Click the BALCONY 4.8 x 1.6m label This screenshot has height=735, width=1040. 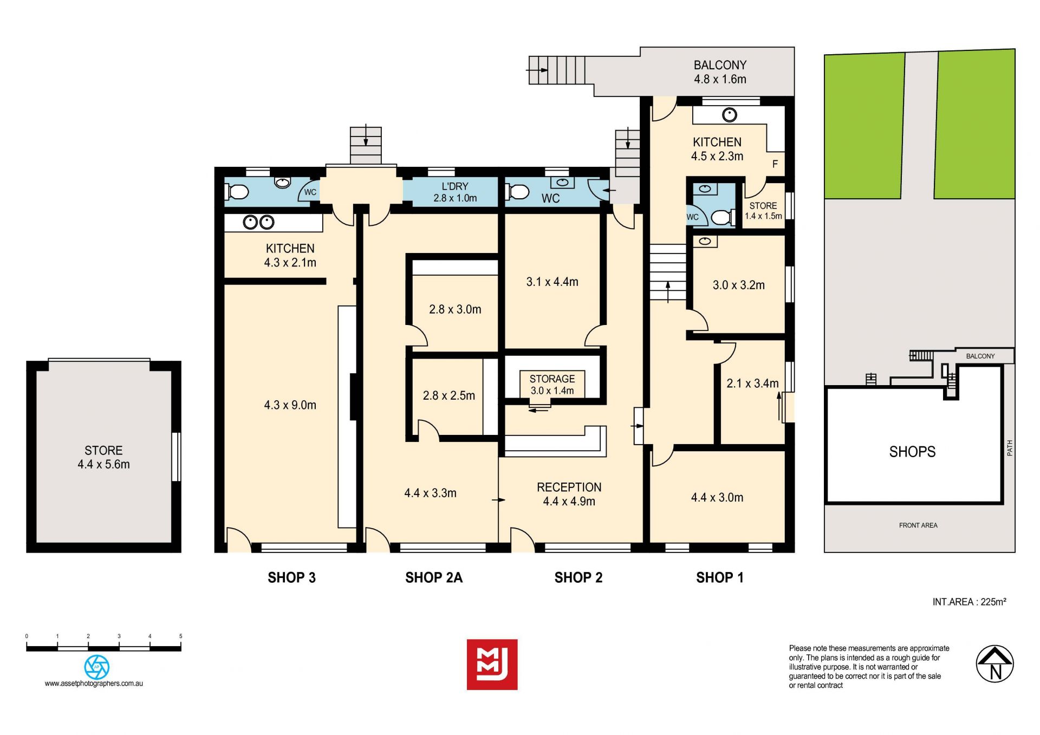pyautogui.click(x=720, y=72)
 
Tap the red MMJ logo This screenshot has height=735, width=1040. pyautogui.click(x=492, y=664)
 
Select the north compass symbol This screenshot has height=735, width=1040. pyautogui.click(x=994, y=664)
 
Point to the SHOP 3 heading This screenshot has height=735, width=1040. pyautogui.click(x=291, y=577)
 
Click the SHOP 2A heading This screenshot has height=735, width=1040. pyautogui.click(x=434, y=577)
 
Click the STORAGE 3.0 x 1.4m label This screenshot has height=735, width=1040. pyautogui.click(x=552, y=385)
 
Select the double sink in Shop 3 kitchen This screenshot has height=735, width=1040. pyautogui.click(x=258, y=222)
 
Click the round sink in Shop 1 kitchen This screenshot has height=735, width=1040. pyautogui.click(x=730, y=115)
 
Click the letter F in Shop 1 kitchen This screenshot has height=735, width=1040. pyautogui.click(x=775, y=164)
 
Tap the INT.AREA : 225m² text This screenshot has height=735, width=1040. pyautogui.click(x=969, y=602)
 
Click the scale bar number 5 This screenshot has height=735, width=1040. pyautogui.click(x=180, y=636)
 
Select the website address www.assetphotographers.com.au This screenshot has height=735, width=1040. pyautogui.click(x=94, y=684)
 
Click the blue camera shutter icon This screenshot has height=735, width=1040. pyautogui.click(x=97, y=667)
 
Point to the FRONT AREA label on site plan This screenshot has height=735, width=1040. pyautogui.click(x=918, y=525)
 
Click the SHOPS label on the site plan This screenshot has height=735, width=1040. pyautogui.click(x=912, y=452)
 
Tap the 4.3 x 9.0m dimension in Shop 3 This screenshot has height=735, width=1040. pyautogui.click(x=290, y=405)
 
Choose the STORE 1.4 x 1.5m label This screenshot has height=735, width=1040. pyautogui.click(x=763, y=211)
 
